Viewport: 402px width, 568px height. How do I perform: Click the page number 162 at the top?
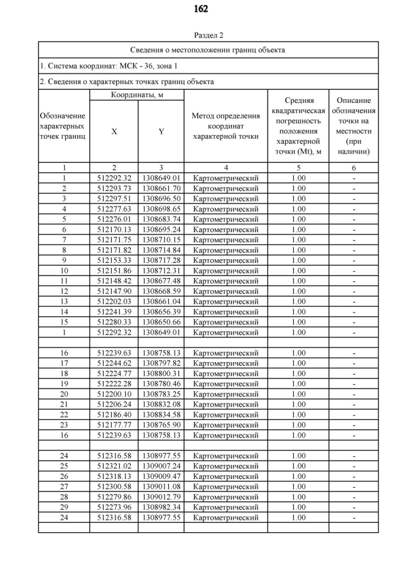point(201,9)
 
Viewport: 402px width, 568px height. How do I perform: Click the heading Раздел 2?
point(201,35)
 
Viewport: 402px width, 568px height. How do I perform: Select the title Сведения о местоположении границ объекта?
point(208,50)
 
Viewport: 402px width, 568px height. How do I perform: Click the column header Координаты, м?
point(137,94)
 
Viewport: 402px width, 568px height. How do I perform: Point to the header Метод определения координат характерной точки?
point(225,126)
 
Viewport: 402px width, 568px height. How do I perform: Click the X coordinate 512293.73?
point(114,188)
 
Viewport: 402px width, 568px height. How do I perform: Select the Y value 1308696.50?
point(161,198)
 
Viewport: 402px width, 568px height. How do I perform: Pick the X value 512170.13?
point(114,229)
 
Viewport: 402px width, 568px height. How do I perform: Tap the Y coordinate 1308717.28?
point(161,260)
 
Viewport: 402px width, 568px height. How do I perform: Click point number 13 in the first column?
point(64,301)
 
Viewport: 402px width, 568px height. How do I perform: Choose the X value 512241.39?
point(114,311)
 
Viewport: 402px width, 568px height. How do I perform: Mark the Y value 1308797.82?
point(161,363)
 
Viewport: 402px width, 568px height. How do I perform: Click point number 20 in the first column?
point(64,394)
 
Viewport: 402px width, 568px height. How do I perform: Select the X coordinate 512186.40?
point(114,414)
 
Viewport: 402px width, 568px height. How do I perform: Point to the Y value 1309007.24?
point(161,466)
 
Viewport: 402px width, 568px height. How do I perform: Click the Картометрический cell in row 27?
point(225,486)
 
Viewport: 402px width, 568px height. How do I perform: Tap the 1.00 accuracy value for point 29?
point(298,507)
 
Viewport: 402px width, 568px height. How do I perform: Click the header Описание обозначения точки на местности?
point(354,126)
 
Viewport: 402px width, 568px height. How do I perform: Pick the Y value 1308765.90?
point(161,425)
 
